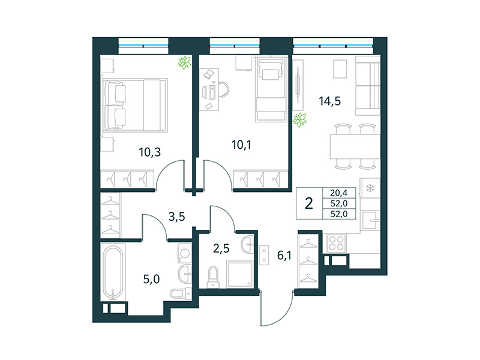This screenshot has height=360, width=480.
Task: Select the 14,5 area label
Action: (x=329, y=101)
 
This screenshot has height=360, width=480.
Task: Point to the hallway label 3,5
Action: (x=176, y=217)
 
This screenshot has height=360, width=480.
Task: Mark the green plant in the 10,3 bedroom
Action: (x=185, y=62)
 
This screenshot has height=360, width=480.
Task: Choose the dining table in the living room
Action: (x=352, y=145)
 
